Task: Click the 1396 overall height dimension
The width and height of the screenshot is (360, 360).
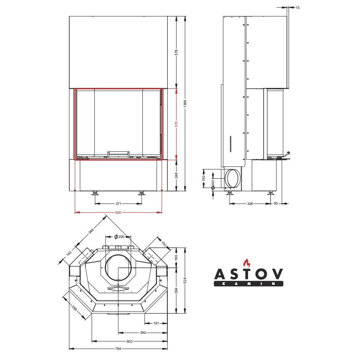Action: (185, 104)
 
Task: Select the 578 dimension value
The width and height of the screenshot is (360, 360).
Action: (176, 52)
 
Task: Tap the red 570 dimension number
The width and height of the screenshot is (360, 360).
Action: (176, 124)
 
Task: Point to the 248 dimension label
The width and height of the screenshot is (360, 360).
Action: (176, 175)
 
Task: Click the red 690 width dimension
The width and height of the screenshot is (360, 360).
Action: (118, 213)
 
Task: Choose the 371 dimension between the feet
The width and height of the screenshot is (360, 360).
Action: (118, 204)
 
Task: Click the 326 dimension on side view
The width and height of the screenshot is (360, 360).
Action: (250, 204)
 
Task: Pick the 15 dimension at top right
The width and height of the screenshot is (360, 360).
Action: (297, 8)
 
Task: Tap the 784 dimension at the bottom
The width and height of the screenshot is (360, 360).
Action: (118, 349)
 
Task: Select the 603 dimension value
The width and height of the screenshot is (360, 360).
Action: (129, 341)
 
